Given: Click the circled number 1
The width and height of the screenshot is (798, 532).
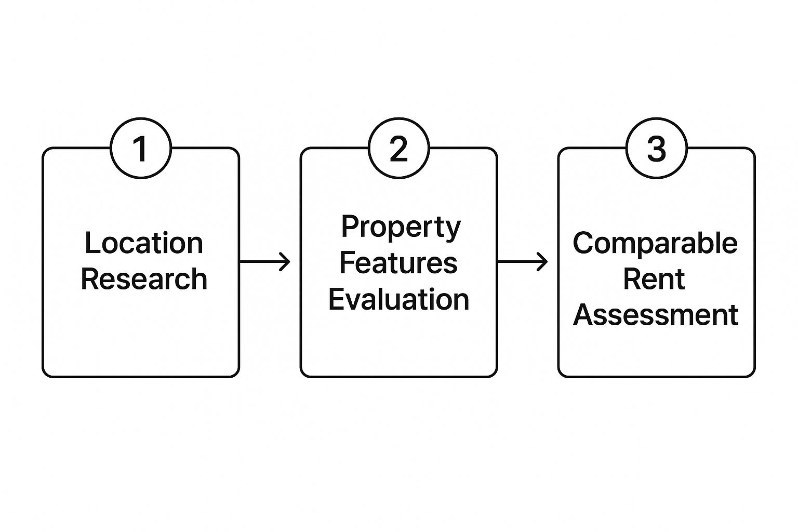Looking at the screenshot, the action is point(141,148).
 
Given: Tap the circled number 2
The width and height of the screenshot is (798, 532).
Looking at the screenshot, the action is point(398,148).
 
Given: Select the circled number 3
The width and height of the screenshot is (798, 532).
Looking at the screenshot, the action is point(656,148).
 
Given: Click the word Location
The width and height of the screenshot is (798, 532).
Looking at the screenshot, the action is point(144,243).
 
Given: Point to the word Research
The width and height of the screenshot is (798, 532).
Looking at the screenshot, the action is point(144,278).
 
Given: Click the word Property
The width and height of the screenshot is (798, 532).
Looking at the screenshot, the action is point(401,228).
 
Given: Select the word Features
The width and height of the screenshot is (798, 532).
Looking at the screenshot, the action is point(398,263).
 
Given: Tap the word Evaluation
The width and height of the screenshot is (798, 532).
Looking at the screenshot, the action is point(398,299).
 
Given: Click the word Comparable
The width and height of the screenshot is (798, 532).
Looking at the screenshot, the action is point(655,243).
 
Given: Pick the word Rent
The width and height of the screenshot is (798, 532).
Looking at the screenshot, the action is point(654,278).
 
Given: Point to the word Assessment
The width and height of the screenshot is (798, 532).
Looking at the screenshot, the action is point(656,315).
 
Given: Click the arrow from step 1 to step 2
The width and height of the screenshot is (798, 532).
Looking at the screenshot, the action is point(264,262).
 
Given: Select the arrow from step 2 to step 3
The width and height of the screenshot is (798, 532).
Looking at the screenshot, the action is point(522,262).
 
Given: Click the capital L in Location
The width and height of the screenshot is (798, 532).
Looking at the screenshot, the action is point(91,243).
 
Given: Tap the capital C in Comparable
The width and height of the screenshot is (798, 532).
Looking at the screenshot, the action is point(583,243).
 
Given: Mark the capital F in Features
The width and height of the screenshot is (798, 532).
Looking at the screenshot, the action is point(348,262).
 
